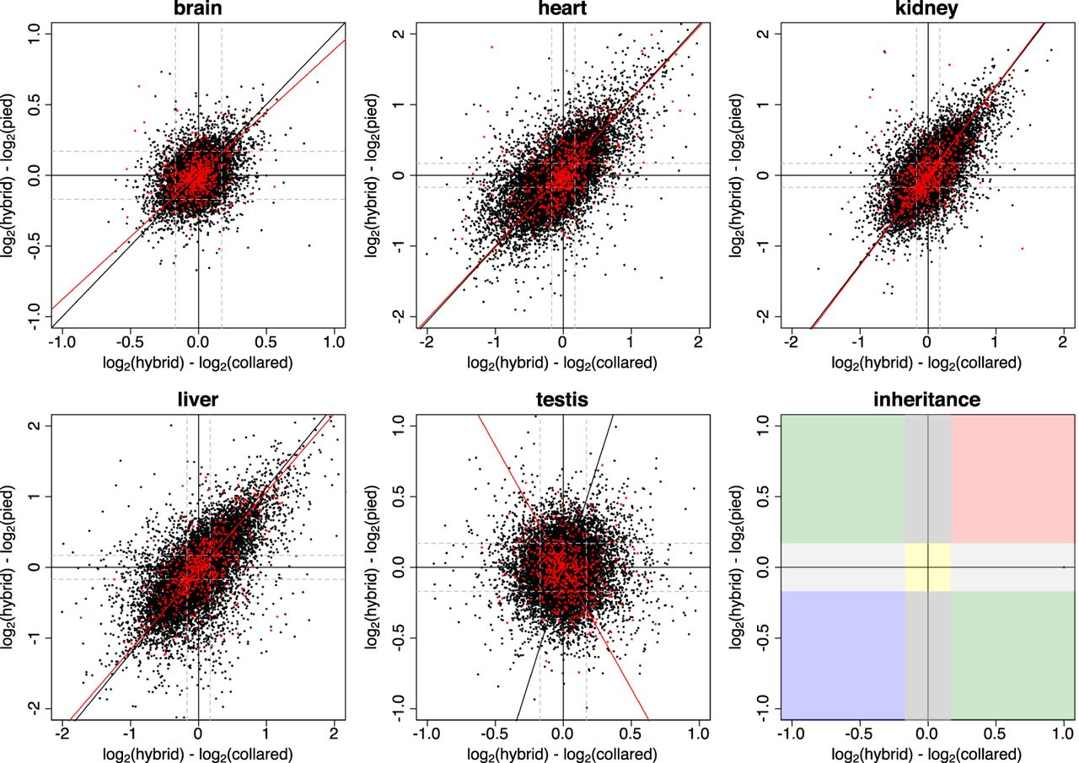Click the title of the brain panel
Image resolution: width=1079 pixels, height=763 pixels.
(x=197, y=10)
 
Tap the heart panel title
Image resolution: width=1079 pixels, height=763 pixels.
(x=562, y=10)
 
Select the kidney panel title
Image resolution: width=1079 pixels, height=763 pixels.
(x=927, y=10)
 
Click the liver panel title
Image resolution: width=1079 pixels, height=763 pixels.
(x=197, y=399)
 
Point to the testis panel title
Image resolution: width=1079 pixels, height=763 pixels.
(x=562, y=399)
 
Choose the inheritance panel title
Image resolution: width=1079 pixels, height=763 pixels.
(x=927, y=399)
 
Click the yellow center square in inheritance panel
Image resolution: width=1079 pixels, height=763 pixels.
(x=927, y=567)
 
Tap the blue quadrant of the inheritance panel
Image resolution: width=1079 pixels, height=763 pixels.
(x=842, y=653)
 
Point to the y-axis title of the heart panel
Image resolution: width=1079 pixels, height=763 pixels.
(x=374, y=175)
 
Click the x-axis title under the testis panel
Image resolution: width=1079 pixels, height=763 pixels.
(x=562, y=753)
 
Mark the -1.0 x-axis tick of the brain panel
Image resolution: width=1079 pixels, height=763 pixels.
(x=61, y=344)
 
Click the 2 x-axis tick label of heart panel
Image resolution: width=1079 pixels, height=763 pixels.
(x=698, y=344)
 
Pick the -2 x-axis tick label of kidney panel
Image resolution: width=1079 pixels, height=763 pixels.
(x=790, y=344)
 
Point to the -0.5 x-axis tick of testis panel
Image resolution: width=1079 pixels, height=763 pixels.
(x=494, y=733)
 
